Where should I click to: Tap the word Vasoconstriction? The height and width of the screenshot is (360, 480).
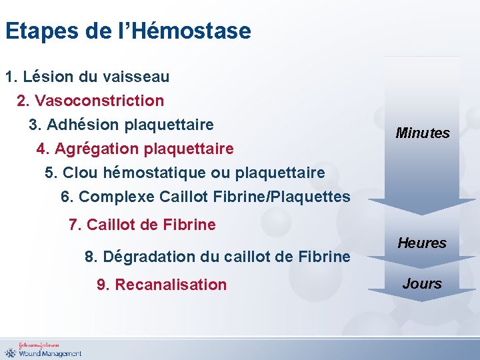99,101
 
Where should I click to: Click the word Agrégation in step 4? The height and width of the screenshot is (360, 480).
93,148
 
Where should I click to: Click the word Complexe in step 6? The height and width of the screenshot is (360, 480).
117,197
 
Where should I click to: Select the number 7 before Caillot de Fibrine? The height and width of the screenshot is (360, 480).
73,225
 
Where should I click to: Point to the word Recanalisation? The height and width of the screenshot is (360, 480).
171,285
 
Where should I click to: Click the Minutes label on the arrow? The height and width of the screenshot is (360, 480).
422,133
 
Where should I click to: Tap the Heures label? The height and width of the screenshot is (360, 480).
422,243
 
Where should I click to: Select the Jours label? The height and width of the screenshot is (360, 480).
422,283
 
